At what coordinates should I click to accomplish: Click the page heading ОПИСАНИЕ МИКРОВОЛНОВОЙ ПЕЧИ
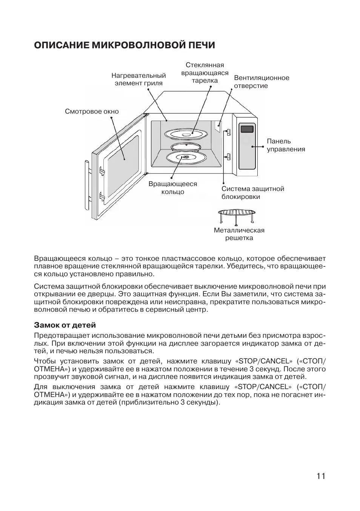[x=125, y=45]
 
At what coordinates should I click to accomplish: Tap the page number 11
[x=321, y=476]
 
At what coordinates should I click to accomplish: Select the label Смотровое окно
[x=92, y=112]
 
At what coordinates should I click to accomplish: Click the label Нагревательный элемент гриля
[x=138, y=80]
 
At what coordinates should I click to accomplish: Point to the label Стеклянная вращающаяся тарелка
[x=205, y=73]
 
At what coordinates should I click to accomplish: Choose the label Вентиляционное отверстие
[x=262, y=82]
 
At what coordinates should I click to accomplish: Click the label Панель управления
[x=286, y=145]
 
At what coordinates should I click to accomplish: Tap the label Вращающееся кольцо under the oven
[x=173, y=188]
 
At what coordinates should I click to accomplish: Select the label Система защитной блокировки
[x=252, y=192]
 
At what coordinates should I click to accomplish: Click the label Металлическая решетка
[x=239, y=234]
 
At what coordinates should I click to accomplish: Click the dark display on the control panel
[x=247, y=129]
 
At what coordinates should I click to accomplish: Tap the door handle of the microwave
[x=87, y=186]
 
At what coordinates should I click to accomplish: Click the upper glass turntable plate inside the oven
[x=186, y=135]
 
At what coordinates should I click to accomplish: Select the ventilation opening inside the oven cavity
[x=218, y=126]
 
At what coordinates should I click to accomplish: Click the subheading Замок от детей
[x=65, y=325]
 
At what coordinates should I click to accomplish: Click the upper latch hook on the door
[x=101, y=171]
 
